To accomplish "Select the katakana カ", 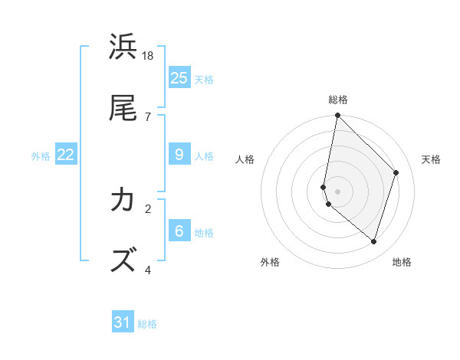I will tap(123, 200).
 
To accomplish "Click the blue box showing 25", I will tap(179, 78).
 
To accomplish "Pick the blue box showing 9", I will tap(179, 155).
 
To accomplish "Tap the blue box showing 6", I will tap(179, 231).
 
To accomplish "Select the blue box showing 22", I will tap(66, 155).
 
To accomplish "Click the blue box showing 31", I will tap(123, 322).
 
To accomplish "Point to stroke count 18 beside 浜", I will tap(148, 56).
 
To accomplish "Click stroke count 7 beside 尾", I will tap(148, 116).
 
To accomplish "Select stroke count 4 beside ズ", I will tap(148, 270).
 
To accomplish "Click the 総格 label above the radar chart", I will tap(338, 100).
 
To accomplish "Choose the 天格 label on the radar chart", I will tap(431, 159).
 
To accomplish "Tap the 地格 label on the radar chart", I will tap(402, 262).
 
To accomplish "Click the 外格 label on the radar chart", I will tap(270, 262).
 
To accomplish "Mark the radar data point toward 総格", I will tap(338, 115).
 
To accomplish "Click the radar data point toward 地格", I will tap(373, 241).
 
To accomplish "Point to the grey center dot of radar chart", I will tap(338, 191).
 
